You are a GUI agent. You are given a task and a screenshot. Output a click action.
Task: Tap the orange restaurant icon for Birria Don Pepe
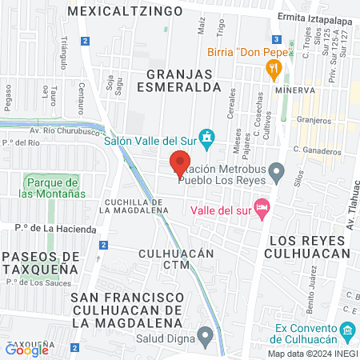pos(274,70)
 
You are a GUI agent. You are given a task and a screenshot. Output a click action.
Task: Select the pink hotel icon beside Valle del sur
pos(260,209)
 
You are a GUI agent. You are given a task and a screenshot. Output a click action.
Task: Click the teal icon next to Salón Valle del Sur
pos(207,138)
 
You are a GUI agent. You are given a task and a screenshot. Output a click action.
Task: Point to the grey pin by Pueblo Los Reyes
pos(276,170)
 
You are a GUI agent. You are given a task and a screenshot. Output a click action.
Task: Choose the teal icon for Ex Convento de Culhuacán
pos(347,330)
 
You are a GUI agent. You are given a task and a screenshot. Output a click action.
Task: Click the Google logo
pos(26,350)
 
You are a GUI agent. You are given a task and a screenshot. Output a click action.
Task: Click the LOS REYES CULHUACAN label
pos(309,247)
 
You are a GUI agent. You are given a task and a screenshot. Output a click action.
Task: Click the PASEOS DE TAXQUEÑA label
pos(40,262)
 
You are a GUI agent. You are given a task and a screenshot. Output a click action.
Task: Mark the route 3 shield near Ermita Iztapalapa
pos(275,38)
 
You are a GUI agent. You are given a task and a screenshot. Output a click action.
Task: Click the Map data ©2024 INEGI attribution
pos(312,353)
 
